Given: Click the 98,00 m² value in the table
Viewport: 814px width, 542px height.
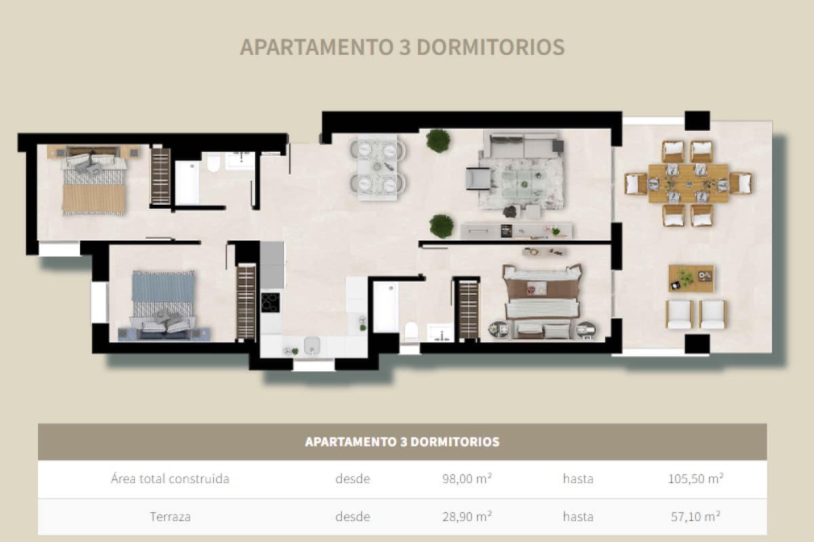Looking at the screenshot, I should [466, 479].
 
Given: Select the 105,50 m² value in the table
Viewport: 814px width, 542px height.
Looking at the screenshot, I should [695, 479].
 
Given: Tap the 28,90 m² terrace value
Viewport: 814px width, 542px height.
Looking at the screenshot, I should [466, 516].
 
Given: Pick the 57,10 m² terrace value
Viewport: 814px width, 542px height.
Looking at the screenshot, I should [695, 516].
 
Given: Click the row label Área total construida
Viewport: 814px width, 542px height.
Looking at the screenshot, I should [170, 479].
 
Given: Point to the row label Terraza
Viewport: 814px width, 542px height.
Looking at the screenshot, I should [170, 516].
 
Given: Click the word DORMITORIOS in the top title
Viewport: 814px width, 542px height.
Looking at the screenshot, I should [490, 47].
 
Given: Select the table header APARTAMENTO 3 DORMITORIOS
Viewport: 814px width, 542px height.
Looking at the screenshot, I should [402, 442].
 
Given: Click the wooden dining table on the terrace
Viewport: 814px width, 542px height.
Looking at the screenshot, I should [687, 183].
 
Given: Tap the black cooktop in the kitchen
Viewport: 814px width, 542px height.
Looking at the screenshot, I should [271, 302].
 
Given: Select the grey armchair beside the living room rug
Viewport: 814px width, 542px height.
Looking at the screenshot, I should [478, 178].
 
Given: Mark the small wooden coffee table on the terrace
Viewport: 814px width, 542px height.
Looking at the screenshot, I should [691, 278].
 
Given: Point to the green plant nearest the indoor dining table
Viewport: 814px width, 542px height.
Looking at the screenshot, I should [438, 140].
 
